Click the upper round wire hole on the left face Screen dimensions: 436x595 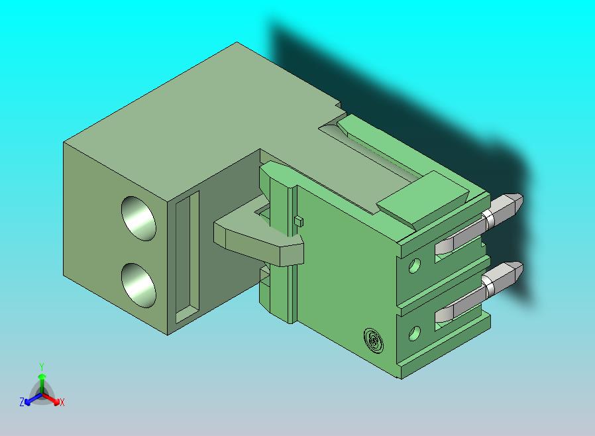[140, 218]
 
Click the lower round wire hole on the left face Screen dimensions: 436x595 [140, 284]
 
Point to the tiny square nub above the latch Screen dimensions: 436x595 [298, 221]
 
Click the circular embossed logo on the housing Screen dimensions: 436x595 [374, 341]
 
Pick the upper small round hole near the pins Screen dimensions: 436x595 [415, 267]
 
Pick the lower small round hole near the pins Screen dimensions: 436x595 [415, 333]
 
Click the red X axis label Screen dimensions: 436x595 [62, 402]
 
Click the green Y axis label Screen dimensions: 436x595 [42, 366]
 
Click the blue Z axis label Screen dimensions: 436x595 [22, 402]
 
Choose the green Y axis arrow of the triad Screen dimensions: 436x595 [42, 380]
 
